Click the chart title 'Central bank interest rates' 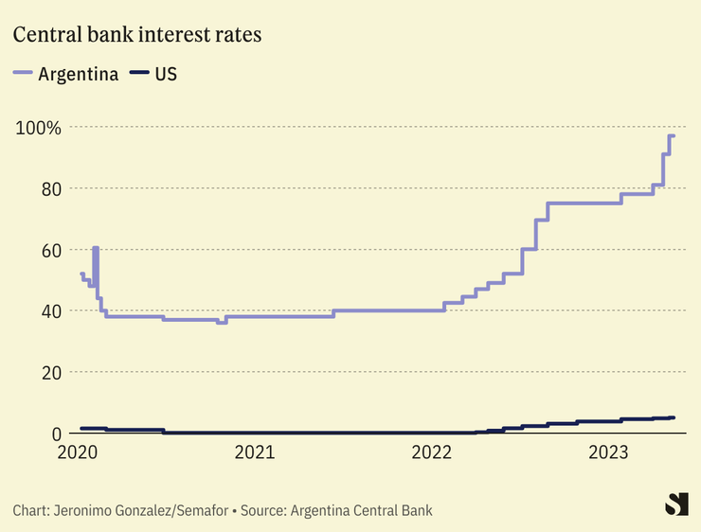click(x=137, y=35)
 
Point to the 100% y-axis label click(x=38, y=127)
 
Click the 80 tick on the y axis click(x=50, y=188)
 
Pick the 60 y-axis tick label click(x=50, y=250)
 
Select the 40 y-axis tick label click(x=50, y=310)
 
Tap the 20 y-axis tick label click(x=50, y=372)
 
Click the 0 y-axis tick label click(x=56, y=433)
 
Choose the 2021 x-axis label click(x=256, y=453)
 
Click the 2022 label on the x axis click(x=434, y=453)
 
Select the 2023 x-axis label click(x=612, y=453)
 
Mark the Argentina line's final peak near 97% click(x=671, y=136)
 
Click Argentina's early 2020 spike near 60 click(x=96, y=248)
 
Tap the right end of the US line click(x=673, y=417)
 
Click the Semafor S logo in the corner click(x=675, y=505)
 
